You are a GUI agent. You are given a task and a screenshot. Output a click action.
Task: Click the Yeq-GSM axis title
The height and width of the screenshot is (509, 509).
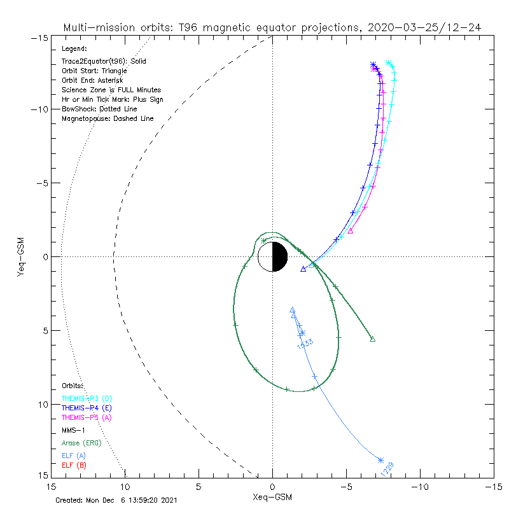tap(22, 256)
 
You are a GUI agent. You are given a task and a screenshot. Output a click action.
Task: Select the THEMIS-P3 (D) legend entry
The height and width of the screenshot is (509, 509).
tap(87, 398)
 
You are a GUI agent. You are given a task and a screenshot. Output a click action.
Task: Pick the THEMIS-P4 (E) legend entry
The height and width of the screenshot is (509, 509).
tap(87, 407)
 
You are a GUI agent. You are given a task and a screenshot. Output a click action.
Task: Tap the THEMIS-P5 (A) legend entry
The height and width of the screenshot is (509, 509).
tap(87, 417)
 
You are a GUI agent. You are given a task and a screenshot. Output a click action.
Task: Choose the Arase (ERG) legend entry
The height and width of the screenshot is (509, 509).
tap(81, 442)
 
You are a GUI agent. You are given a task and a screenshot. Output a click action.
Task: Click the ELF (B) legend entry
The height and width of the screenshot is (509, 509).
tap(74, 465)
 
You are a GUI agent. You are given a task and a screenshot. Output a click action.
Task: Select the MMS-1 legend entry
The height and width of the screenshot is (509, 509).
tap(74, 429)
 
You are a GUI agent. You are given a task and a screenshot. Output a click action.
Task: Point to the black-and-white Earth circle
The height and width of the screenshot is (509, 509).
tap(272, 256)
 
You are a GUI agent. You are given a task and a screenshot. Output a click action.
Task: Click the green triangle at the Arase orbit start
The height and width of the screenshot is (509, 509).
tap(372, 339)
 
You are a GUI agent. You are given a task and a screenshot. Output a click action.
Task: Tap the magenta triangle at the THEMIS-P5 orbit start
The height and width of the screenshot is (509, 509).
tap(350, 231)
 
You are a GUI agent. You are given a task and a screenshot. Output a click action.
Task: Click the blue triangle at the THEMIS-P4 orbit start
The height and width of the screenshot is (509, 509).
tap(303, 269)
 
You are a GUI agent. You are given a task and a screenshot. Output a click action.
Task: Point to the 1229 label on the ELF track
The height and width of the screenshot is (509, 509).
tap(387, 469)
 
